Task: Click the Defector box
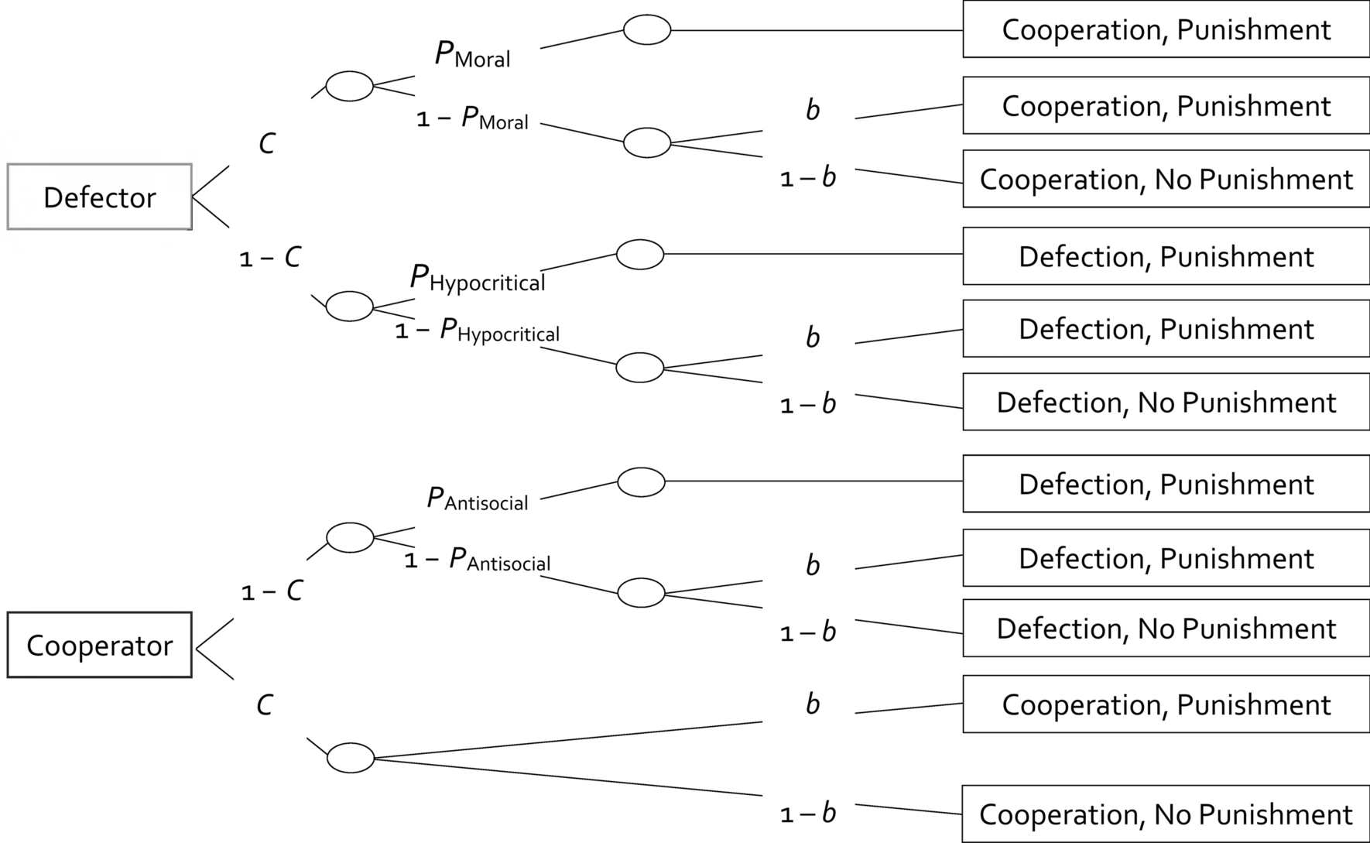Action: click(x=99, y=197)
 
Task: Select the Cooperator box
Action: click(x=99, y=645)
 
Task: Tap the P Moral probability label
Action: click(x=472, y=54)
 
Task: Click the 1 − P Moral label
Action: click(x=472, y=118)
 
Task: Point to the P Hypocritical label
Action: click(x=477, y=279)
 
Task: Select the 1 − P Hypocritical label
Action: click(x=477, y=331)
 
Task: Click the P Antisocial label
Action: click(x=477, y=499)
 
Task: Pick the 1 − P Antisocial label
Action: click(x=477, y=560)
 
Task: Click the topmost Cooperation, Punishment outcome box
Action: click(x=1166, y=29)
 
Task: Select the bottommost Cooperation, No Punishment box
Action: click(x=1166, y=814)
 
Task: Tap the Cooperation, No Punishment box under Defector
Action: click(x=1166, y=179)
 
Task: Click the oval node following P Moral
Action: click(x=647, y=30)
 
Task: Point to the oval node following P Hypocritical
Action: click(x=640, y=254)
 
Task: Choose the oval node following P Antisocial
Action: click(x=641, y=481)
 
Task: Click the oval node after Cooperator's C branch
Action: click(x=351, y=757)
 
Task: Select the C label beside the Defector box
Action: click(x=267, y=143)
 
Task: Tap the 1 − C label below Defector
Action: click(x=270, y=258)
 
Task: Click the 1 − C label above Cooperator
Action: click(x=272, y=591)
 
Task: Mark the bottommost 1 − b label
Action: click(x=808, y=813)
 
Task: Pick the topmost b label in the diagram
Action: click(x=813, y=110)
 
